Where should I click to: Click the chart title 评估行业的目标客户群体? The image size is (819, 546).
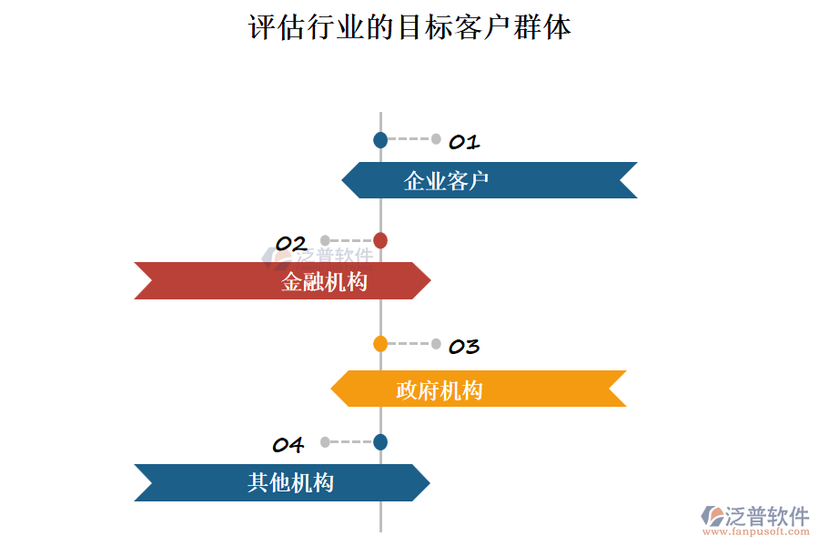tap(409, 27)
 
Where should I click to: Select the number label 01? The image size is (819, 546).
tap(464, 142)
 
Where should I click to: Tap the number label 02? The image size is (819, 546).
tap(291, 243)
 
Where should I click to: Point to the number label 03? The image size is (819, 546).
tap(464, 346)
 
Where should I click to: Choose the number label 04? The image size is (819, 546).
tap(288, 445)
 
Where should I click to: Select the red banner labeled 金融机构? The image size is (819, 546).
tap(282, 280)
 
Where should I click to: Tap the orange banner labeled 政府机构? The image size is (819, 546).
tap(479, 389)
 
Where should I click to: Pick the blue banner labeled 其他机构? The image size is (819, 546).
tap(282, 482)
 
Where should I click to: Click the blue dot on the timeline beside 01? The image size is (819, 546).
tap(380, 140)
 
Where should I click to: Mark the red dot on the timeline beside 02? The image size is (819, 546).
tap(380, 240)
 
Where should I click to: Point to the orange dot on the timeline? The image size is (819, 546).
tap(380, 344)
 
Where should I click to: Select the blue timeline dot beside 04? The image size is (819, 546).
tap(380, 442)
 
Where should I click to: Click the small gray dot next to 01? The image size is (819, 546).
tap(436, 139)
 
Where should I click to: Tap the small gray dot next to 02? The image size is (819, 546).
tap(325, 240)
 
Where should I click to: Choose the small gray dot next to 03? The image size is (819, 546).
tap(436, 344)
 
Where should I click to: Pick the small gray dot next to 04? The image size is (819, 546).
tap(325, 442)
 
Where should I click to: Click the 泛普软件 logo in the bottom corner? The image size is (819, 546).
tap(755, 515)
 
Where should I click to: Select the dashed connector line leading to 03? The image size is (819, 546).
tap(409, 344)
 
